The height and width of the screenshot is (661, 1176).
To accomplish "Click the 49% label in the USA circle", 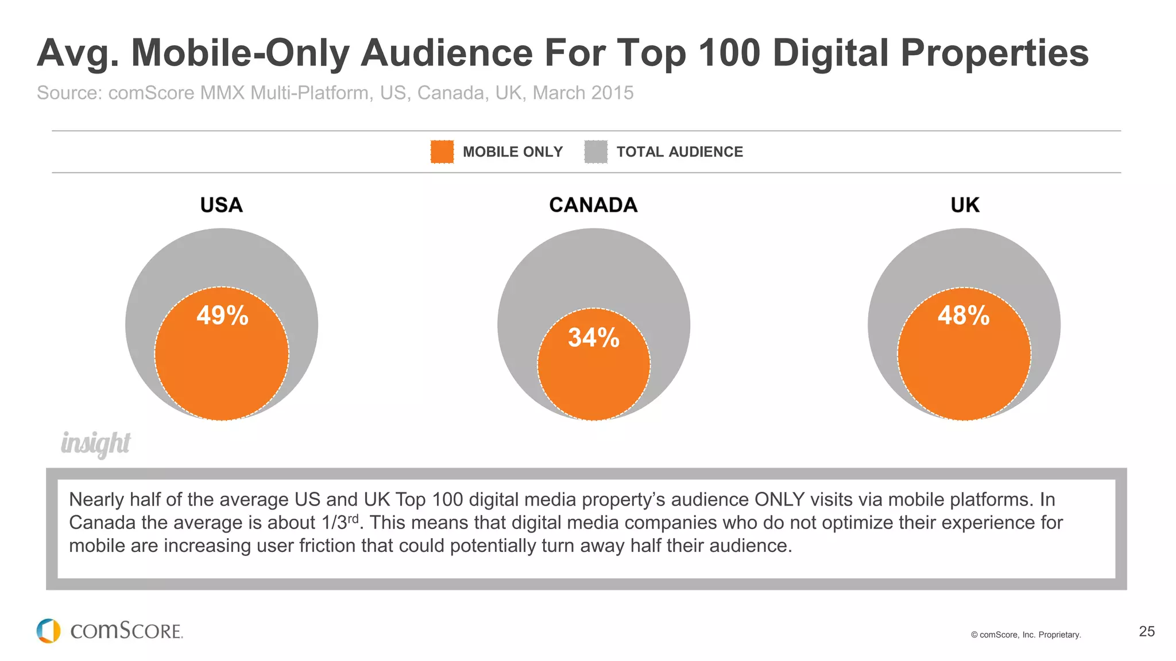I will [222, 316].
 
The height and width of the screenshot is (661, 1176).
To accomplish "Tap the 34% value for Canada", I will [594, 337].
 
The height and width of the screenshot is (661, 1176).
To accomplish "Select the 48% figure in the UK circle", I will [964, 316].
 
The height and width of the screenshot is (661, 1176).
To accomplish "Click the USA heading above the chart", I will [221, 205].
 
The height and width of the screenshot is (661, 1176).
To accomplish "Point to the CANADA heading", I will [593, 205].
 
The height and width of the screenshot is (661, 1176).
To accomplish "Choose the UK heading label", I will [965, 205].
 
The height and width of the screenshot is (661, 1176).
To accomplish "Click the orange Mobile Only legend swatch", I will [442, 152].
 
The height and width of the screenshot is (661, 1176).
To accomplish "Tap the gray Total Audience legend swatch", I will [595, 152].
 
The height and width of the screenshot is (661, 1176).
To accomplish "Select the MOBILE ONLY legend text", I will [513, 152].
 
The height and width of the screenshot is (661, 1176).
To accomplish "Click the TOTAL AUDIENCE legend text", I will [679, 152].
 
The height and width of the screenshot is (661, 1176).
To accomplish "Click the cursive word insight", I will [96, 444].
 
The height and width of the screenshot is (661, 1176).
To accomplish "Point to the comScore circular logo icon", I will [48, 631].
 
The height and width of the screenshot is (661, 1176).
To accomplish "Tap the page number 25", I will [1146, 631].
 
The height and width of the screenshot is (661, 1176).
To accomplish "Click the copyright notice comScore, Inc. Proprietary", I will [1026, 635].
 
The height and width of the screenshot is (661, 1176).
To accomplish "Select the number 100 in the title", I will [729, 53].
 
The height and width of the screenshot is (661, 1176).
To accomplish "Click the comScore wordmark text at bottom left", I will [126, 631].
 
